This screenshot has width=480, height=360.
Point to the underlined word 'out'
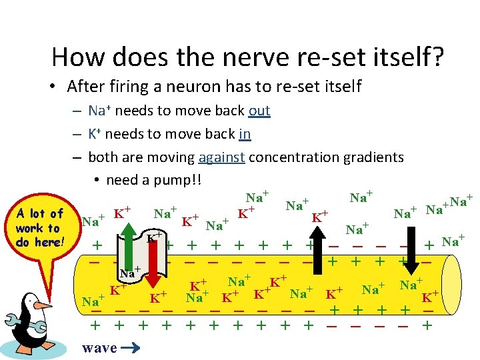pyautogui.click(x=259, y=110)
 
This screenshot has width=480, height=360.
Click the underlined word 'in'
pyautogui.click(x=244, y=133)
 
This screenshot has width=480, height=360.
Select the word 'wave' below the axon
pyautogui.click(x=99, y=347)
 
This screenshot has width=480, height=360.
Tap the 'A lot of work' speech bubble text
pyautogui.click(x=38, y=227)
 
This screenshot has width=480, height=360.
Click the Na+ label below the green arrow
pyautogui.click(x=129, y=271)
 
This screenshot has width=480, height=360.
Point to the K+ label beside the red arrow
pyautogui.click(x=155, y=237)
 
